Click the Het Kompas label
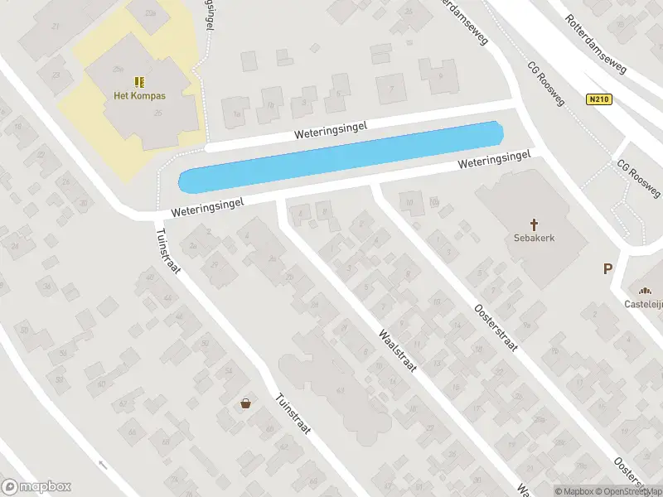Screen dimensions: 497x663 point(139,95)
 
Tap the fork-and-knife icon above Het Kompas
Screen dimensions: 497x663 point(139,81)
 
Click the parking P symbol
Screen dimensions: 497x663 point(607,268)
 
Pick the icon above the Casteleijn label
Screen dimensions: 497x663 point(644,289)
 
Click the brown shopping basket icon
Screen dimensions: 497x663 point(246,403)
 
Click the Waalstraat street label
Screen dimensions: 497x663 point(396,356)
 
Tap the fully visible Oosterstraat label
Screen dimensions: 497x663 point(496,329)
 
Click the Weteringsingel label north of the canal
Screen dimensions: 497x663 point(330,129)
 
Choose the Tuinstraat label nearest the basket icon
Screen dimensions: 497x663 point(293,418)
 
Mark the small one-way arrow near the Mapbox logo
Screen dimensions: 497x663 point(102,464)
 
